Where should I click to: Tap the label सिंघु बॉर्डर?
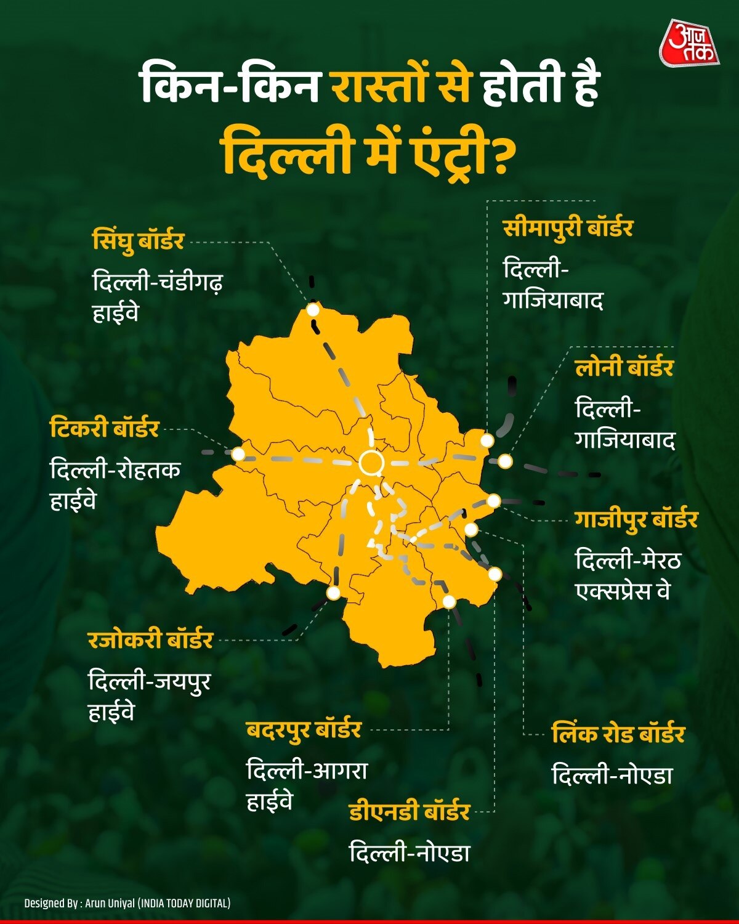pyautogui.click(x=138, y=240)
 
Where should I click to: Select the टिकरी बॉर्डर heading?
pyautogui.click(x=105, y=428)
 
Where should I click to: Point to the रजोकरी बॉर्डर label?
pyautogui.click(x=150, y=639)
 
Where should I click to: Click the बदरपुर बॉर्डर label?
pyautogui.click(x=304, y=729)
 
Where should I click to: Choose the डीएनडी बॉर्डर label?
pyautogui.click(x=409, y=811)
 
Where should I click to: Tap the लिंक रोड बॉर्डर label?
pyautogui.click(x=618, y=734)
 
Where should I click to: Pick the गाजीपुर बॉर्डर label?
pyautogui.click(x=636, y=519)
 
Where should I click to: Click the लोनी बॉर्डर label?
pyautogui.click(x=624, y=368)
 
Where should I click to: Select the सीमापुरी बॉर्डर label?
pyautogui.click(x=568, y=228)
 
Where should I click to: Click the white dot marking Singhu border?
pyautogui.click(x=313, y=310)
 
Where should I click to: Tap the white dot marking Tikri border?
pyautogui.click(x=238, y=454)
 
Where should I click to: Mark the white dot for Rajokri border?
pyautogui.click(x=333, y=593)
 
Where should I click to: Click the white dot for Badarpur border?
pyautogui.click(x=449, y=602)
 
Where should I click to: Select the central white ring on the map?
pyautogui.click(x=371, y=463)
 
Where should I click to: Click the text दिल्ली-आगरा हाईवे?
pyautogui.click(x=307, y=785)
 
